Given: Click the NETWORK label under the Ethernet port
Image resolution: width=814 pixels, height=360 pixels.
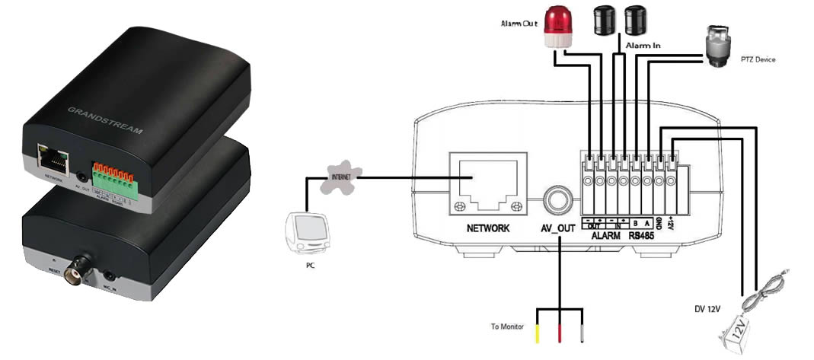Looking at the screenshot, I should click(488, 228).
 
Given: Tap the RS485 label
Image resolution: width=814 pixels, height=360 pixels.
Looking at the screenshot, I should click(643, 236).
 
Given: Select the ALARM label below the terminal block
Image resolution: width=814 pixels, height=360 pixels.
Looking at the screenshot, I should click(607, 236).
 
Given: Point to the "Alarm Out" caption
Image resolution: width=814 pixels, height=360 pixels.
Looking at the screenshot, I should click(519, 24).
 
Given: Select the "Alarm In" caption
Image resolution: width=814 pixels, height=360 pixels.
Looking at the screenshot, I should click(643, 46).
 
